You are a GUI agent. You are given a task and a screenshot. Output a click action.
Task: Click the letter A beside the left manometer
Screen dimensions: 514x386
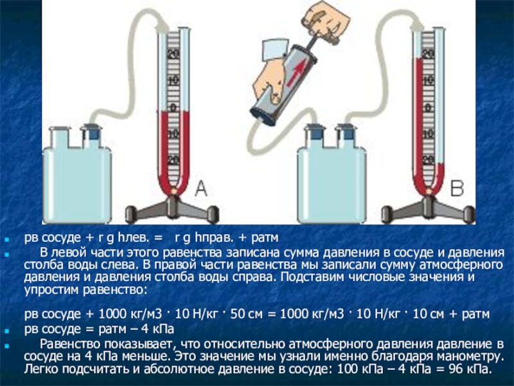tap(201, 188)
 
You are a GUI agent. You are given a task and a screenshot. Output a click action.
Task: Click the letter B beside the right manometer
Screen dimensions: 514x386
tap(457, 188)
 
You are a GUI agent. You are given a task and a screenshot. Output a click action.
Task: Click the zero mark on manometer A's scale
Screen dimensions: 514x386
tap(173, 107)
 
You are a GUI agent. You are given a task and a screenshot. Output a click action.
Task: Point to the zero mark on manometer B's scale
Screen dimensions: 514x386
tap(428, 107)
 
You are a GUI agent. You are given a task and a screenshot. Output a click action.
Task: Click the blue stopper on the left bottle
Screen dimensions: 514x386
tap(91, 133)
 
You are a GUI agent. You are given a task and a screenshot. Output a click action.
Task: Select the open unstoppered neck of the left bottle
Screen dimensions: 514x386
tap(60, 137)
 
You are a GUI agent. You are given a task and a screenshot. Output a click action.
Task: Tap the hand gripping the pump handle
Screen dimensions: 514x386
tap(326, 21)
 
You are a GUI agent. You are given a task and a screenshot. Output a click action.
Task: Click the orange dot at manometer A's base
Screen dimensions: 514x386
tap(173, 190)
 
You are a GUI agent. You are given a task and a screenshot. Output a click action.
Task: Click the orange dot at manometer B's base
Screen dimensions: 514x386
tap(429, 190)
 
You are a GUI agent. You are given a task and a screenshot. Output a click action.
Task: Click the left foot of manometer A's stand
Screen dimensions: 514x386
tap(132, 214)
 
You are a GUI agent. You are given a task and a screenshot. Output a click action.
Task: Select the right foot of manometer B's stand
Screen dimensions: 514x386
tap(468, 214)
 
